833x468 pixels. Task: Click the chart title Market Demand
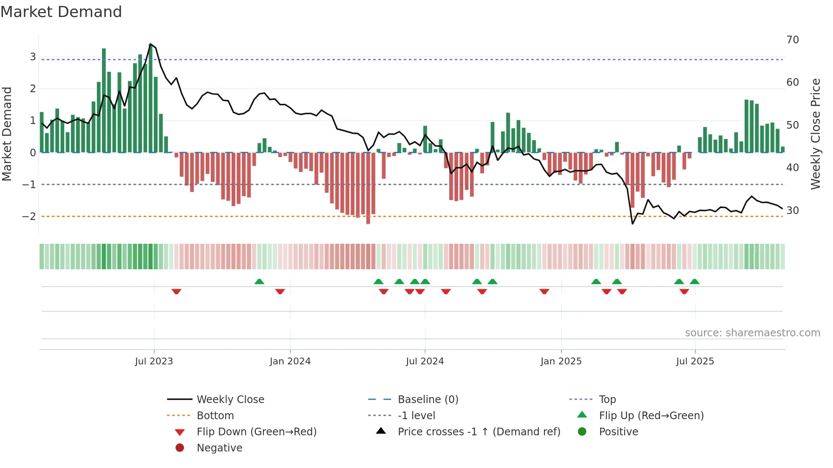tap(61, 12)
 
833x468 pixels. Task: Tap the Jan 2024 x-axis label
tap(290, 361)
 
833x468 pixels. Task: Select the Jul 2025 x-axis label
tap(695, 361)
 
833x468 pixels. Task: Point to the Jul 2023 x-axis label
tap(154, 361)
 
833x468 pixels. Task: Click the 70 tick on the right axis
tap(793, 40)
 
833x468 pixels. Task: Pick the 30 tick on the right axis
tap(793, 211)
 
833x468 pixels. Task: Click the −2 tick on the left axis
tap(29, 217)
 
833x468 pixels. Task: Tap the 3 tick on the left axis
tap(33, 57)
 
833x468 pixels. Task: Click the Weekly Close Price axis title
tap(815, 134)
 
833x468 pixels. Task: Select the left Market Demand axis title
tap(7, 134)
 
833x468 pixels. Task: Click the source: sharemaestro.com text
tap(752, 333)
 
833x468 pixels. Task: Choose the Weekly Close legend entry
tap(230, 400)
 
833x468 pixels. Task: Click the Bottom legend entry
tap(215, 416)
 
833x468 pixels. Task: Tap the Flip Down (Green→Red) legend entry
tap(256, 432)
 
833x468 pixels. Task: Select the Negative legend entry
tap(219, 448)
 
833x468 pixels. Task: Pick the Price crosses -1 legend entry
tap(479, 432)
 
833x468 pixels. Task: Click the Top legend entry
tap(607, 400)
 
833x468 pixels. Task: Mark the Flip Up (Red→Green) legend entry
tap(651, 416)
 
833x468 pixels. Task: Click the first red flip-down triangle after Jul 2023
tap(176, 291)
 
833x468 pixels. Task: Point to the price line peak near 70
tap(150, 44)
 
